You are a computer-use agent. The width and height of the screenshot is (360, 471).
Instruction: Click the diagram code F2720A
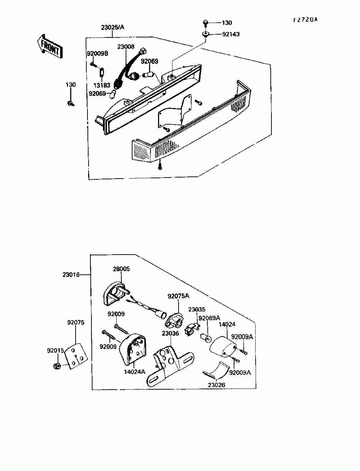coord(305,20)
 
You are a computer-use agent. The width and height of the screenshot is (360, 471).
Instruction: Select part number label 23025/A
coord(113,27)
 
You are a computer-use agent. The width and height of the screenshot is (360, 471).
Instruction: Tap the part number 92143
coord(231,34)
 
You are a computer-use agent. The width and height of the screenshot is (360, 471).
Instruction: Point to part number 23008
coord(126,46)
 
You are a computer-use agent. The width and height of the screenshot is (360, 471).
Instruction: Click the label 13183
coord(102,86)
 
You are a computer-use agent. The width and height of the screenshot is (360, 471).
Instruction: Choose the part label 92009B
coord(97,54)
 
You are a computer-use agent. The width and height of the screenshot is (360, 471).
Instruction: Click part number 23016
coord(71,275)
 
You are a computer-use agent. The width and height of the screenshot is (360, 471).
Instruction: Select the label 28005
coord(121,269)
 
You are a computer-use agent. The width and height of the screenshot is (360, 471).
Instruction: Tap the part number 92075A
coord(178,296)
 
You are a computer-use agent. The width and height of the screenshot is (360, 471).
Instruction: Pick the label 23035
coord(197,309)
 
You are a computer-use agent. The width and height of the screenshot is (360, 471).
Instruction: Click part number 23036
coord(170,333)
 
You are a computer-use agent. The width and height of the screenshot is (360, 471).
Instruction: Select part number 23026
coord(216,385)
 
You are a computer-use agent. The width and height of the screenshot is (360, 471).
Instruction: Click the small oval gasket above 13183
coord(102,72)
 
